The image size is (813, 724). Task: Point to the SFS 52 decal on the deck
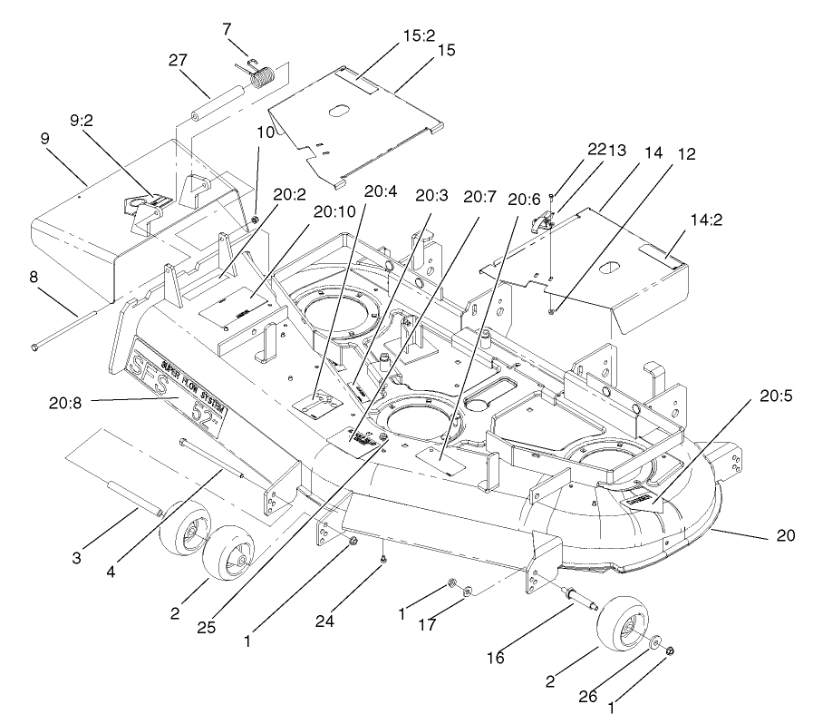coord(179,383)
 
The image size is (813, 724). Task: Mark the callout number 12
coord(686,154)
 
